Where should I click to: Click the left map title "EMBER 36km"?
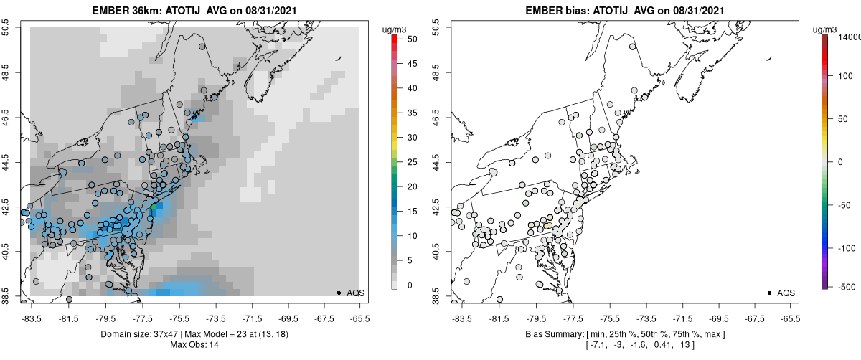pos(123,11)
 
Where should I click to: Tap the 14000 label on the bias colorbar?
pos(850,37)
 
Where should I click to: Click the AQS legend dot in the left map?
pos(339,293)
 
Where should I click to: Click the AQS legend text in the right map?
pos(786,293)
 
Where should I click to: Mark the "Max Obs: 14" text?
pos(195,345)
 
